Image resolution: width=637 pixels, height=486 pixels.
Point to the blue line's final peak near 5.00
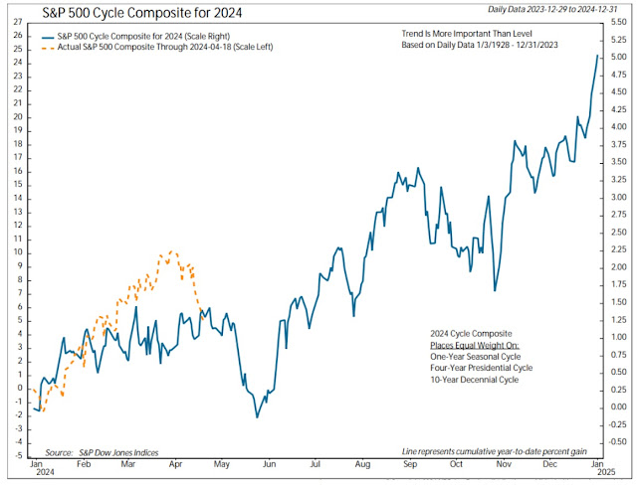597,56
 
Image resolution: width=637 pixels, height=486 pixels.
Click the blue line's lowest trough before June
257,416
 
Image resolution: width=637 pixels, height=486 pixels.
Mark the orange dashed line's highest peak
173,251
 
